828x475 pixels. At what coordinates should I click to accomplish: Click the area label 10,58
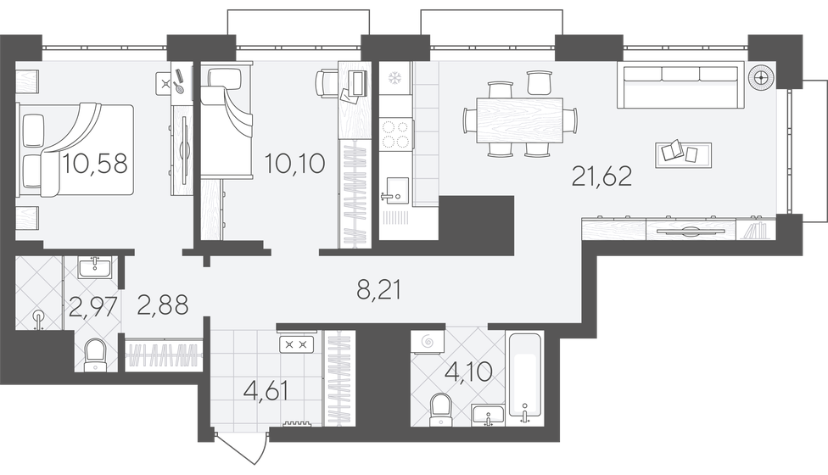click(x=95, y=164)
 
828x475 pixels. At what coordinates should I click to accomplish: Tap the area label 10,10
click(x=294, y=164)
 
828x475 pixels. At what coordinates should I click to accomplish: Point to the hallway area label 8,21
click(x=378, y=290)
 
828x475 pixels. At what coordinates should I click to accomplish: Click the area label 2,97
click(x=92, y=307)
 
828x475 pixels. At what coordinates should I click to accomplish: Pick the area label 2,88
click(x=163, y=305)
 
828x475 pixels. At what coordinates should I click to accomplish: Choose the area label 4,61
click(x=266, y=391)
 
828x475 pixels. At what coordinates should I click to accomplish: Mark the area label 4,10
click(x=469, y=372)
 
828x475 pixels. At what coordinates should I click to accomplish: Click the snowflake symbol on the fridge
click(x=394, y=79)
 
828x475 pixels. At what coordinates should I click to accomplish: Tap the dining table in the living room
click(x=519, y=120)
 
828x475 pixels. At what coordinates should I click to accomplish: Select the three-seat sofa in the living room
click(x=680, y=85)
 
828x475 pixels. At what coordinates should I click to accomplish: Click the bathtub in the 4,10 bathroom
click(x=524, y=378)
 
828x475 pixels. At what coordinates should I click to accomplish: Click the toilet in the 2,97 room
click(x=95, y=355)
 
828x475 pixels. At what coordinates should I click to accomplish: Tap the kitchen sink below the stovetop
click(x=395, y=190)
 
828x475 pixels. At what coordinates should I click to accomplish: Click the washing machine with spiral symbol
click(x=428, y=342)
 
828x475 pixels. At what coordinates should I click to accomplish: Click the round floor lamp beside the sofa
click(x=760, y=77)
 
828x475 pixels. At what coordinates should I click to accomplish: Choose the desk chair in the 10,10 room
click(x=324, y=84)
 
